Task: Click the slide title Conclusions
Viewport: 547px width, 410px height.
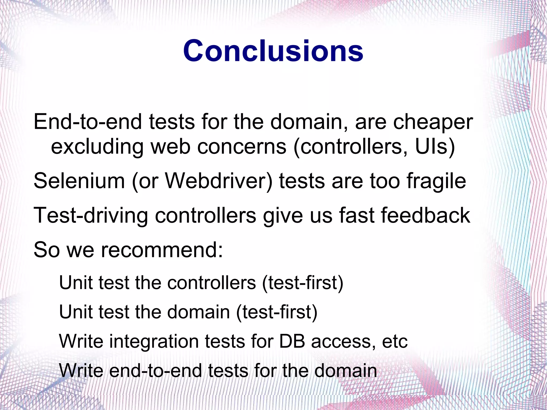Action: [273, 51]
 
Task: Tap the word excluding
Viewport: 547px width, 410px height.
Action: [97, 147]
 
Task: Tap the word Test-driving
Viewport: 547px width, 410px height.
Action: [91, 216]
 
